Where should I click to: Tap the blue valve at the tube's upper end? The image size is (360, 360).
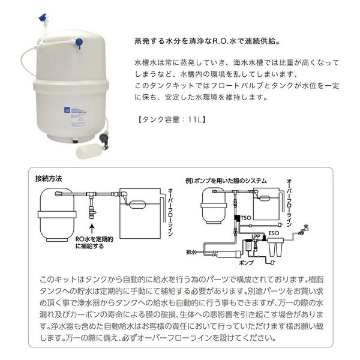tap(43, 18)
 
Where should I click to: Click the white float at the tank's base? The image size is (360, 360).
tap(88, 150)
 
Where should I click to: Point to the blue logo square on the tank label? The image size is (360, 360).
tap(66, 110)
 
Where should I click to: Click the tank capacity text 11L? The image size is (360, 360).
tap(194, 119)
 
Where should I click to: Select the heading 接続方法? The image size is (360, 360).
tap(49, 179)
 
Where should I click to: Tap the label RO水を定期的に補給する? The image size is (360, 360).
tap(94, 242)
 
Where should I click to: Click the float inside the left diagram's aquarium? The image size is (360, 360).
tap(137, 205)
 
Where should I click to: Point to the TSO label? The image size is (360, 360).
tap(246, 218)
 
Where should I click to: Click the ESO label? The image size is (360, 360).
tap(274, 233)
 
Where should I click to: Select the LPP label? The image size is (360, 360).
tap(256, 236)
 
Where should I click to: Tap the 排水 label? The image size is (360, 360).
tap(191, 253)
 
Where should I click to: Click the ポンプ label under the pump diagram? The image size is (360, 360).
tap(247, 263)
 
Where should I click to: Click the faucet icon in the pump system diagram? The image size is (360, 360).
tap(304, 230)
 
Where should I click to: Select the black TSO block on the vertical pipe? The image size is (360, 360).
tap(237, 218)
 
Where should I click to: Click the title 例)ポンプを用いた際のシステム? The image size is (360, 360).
tap(226, 181)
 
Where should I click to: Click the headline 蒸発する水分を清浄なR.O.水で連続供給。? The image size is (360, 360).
tap(208, 41)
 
